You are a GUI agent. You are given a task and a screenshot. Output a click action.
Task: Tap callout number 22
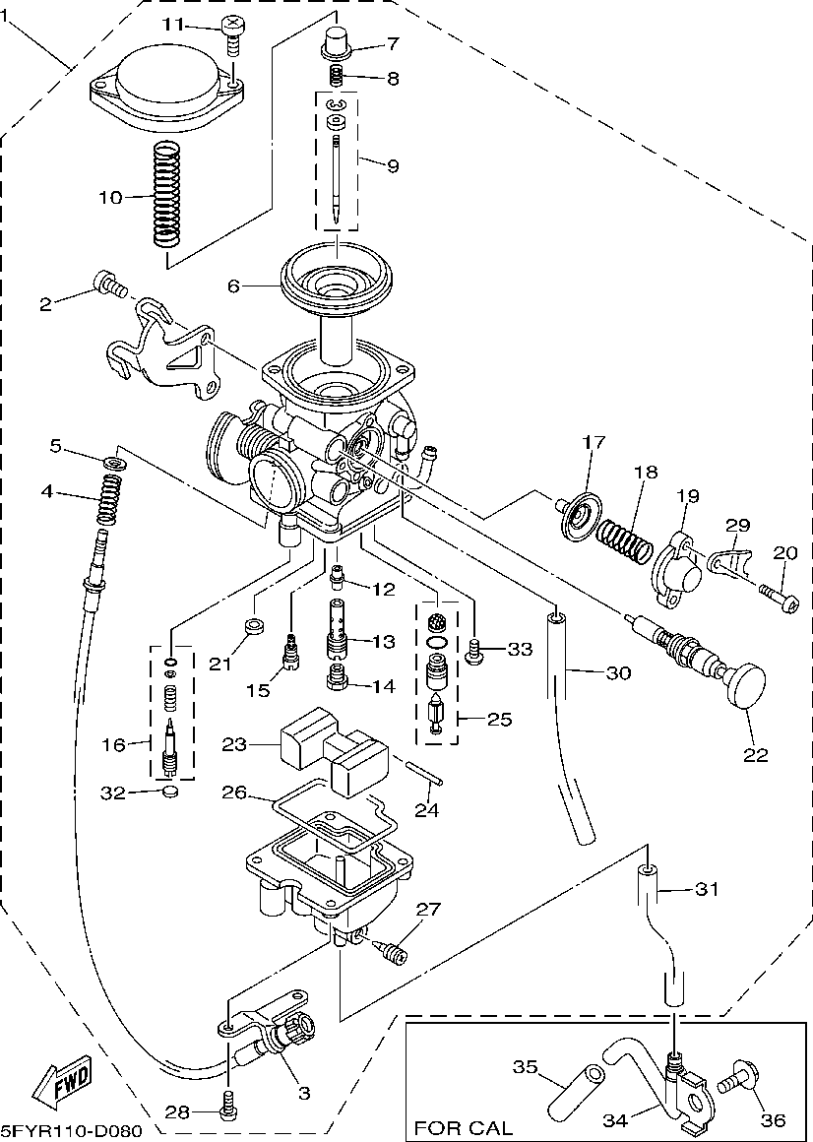(x=756, y=755)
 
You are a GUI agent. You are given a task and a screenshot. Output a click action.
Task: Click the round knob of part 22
(x=745, y=685)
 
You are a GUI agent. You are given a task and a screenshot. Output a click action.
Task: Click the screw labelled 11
(x=232, y=33)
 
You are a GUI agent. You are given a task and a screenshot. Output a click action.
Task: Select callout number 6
(x=233, y=286)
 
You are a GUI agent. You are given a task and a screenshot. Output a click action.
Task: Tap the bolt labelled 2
(x=108, y=285)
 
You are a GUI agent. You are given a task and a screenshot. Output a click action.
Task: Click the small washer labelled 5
(x=114, y=461)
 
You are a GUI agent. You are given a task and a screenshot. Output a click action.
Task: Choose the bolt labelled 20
(x=778, y=595)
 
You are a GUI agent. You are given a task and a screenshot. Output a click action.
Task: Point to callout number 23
(x=233, y=745)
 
